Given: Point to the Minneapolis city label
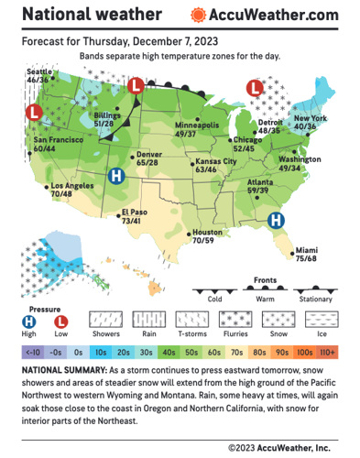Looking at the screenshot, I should [x=197, y=125].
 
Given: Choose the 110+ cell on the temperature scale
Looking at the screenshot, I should [x=328, y=351].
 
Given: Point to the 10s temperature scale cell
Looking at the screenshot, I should [x=101, y=351].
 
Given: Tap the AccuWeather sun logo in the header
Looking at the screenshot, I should [x=197, y=16].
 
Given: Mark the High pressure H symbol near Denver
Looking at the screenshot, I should [x=116, y=177].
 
